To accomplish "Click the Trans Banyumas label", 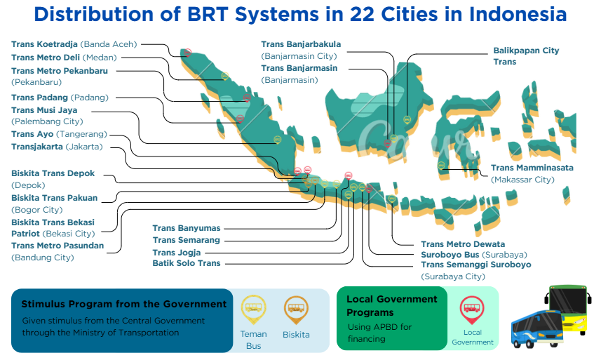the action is pyautogui.click(x=186, y=228).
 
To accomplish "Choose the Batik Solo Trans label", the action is pyautogui.click(x=186, y=263).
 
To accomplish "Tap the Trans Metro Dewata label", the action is pyautogui.click(x=463, y=244).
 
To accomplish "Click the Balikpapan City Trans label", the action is pyautogui.click(x=526, y=56).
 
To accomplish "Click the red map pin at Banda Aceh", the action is pyautogui.click(x=188, y=53).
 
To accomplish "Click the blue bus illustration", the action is pyautogui.click(x=537, y=328).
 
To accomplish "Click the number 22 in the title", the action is pyautogui.click(x=362, y=14).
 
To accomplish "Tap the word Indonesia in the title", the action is pyautogui.click(x=518, y=14).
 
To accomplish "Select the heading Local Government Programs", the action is pyautogui.click(x=391, y=306).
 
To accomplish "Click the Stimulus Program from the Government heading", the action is pyautogui.click(x=123, y=304).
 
